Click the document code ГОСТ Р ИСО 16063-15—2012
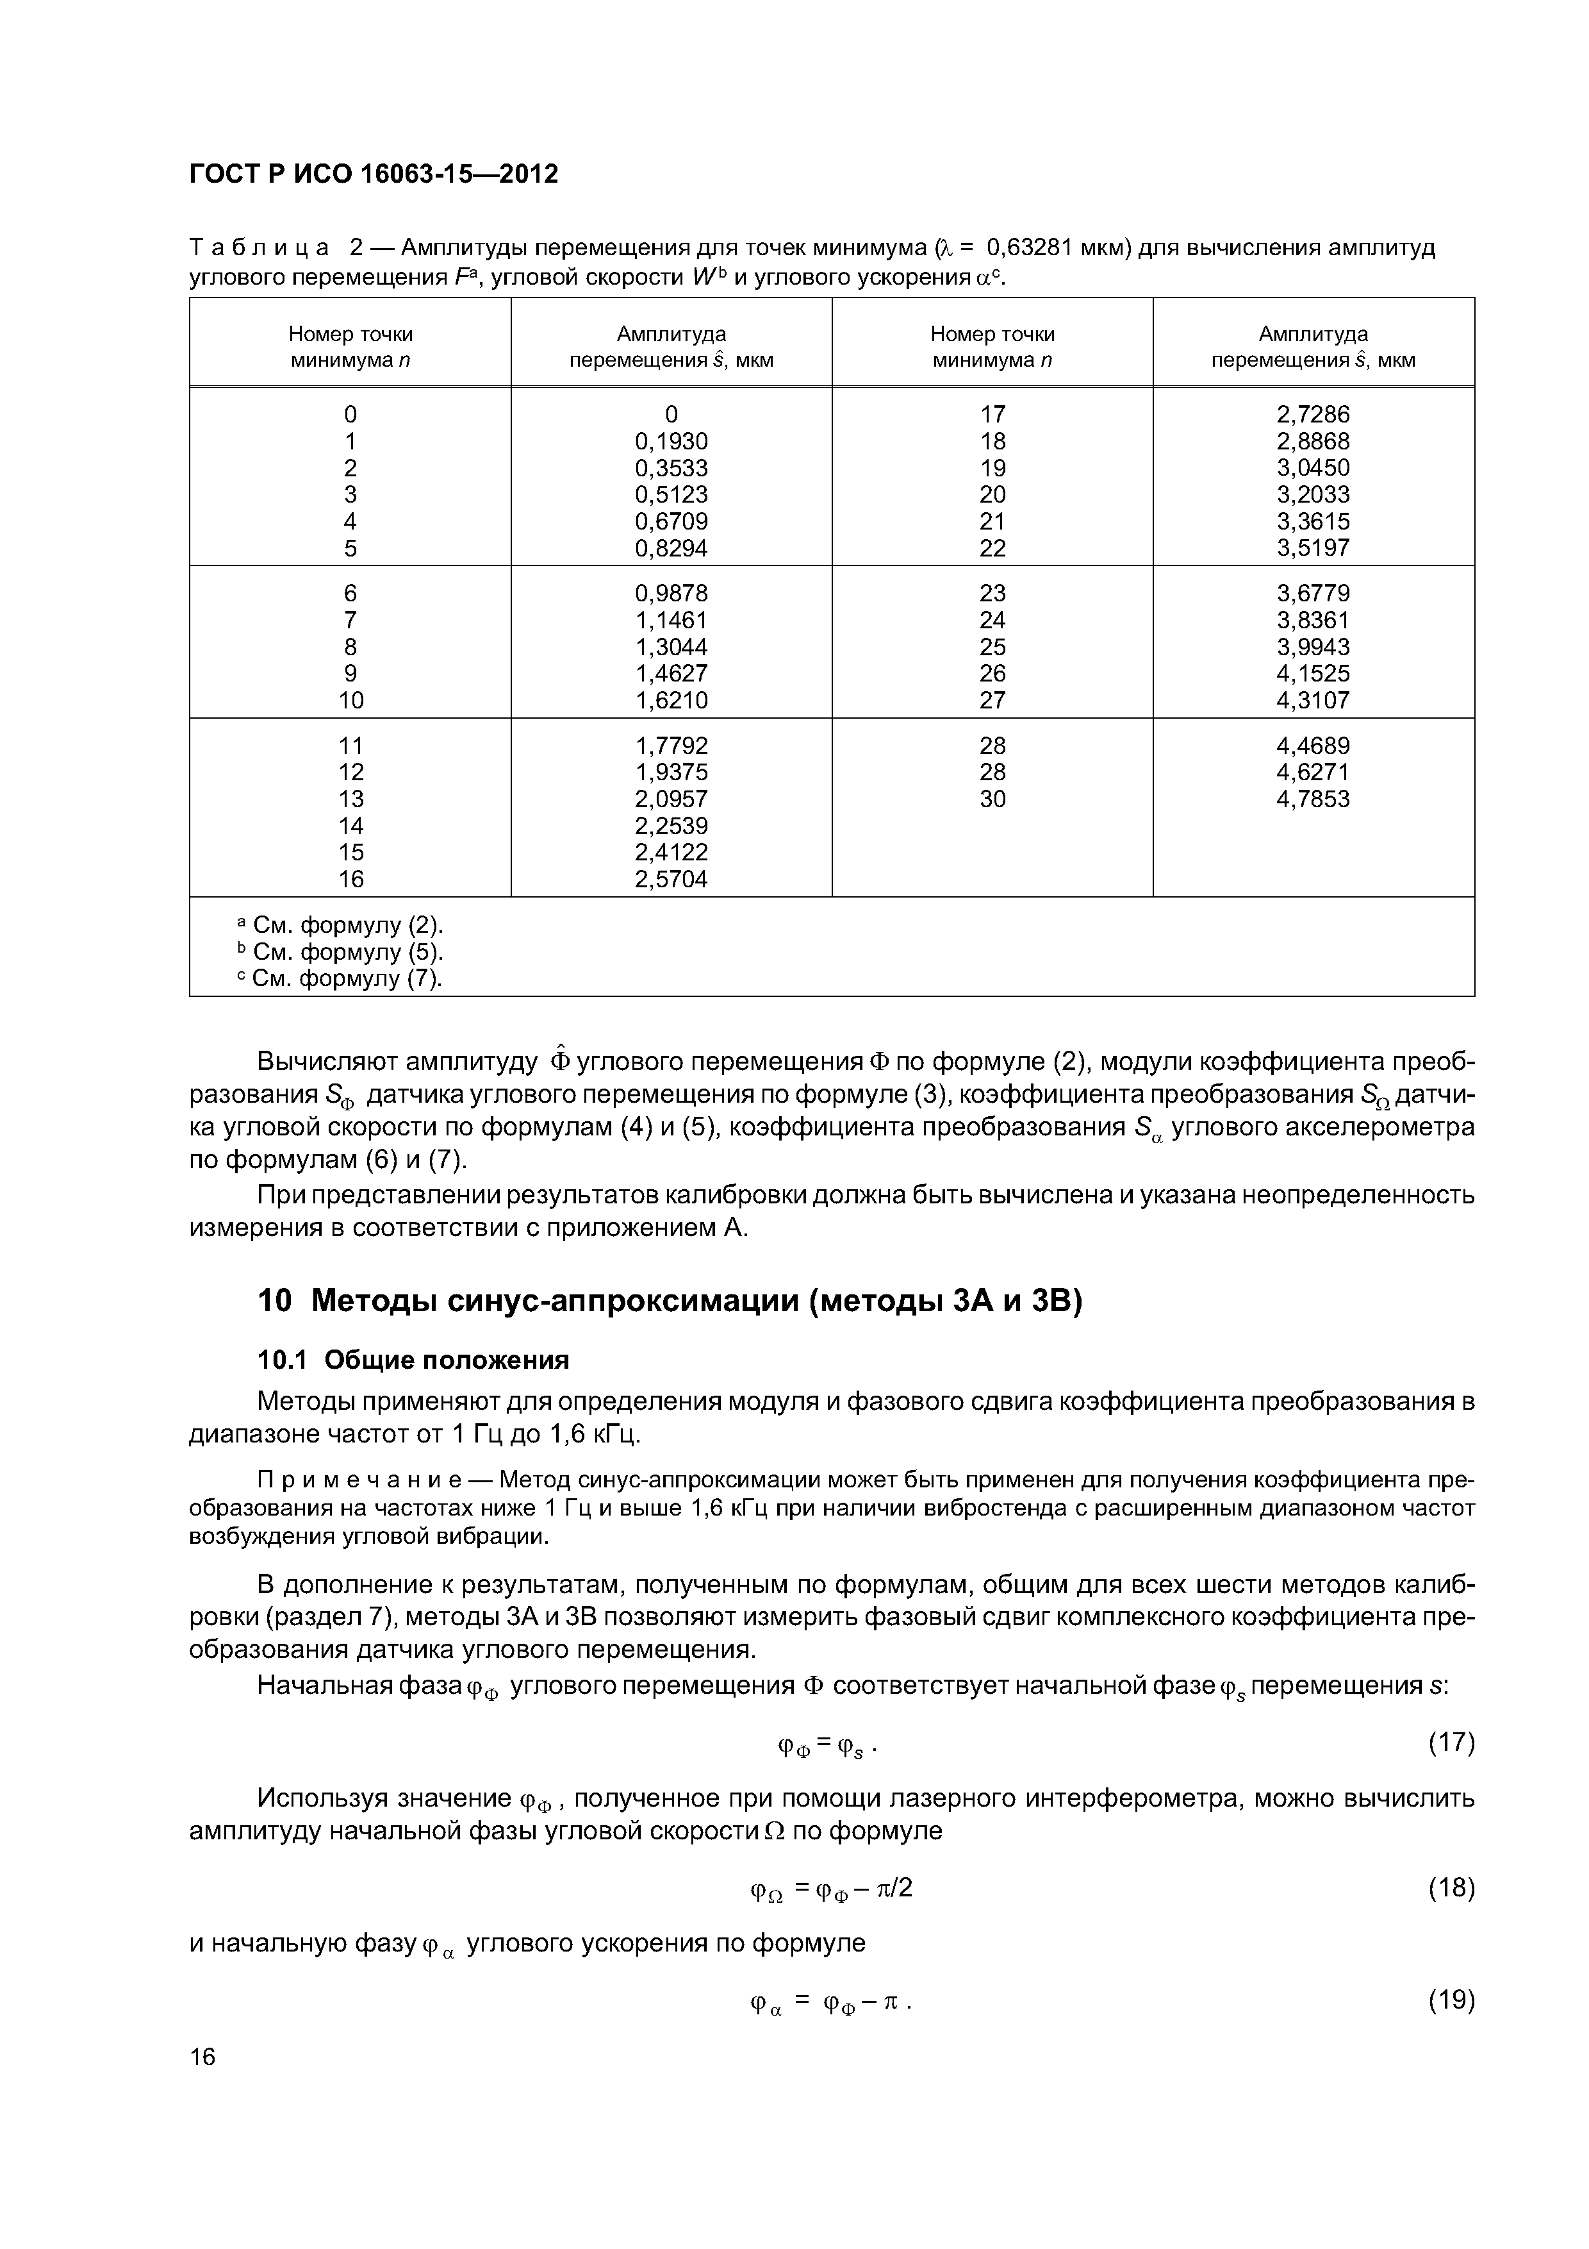(373, 174)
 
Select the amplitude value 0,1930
(671, 442)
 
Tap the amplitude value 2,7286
(1313, 414)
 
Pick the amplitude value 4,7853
(1313, 799)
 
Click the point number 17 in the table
(992, 414)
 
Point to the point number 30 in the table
(992, 799)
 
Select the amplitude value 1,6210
(671, 700)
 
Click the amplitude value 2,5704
(671, 880)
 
